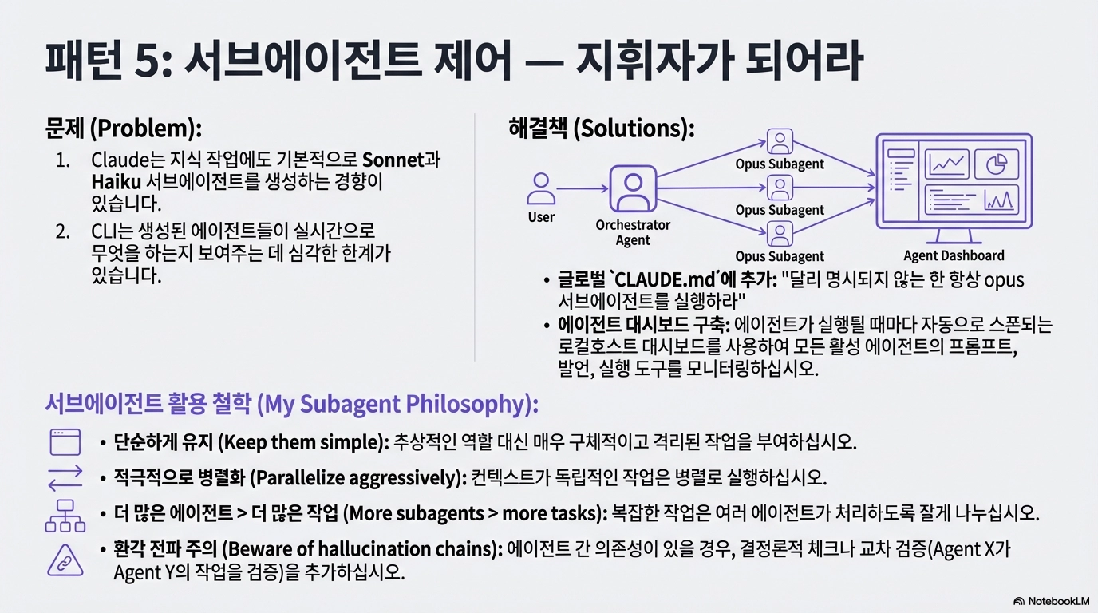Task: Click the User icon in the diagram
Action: [541, 189]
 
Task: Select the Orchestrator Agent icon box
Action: [633, 189]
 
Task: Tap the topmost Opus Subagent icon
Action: [780, 141]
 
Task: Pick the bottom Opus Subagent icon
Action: [780, 234]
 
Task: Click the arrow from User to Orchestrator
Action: [583, 189]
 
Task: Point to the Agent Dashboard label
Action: [954, 255]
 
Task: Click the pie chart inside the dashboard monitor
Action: [996, 164]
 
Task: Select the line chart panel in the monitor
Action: [946, 164]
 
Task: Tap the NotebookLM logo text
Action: [1059, 601]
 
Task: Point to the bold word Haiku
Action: [117, 182]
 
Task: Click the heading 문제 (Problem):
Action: [123, 128]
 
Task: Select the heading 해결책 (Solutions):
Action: [602, 128]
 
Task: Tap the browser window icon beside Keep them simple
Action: [65, 442]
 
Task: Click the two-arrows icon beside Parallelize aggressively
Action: [65, 477]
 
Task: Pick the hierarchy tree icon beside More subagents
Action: [65, 516]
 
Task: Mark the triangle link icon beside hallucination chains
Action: [65, 560]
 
